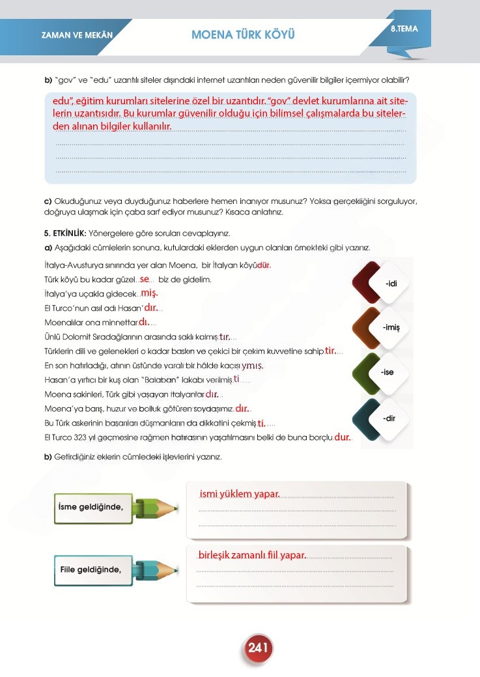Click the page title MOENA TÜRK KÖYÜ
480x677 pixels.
(243, 34)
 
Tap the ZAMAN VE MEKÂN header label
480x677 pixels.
(73, 35)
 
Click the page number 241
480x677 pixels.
(259, 648)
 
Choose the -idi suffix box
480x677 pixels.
(391, 284)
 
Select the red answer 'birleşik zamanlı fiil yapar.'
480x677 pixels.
(251, 555)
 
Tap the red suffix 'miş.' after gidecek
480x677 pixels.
(149, 293)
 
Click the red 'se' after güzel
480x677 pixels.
(145, 279)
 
